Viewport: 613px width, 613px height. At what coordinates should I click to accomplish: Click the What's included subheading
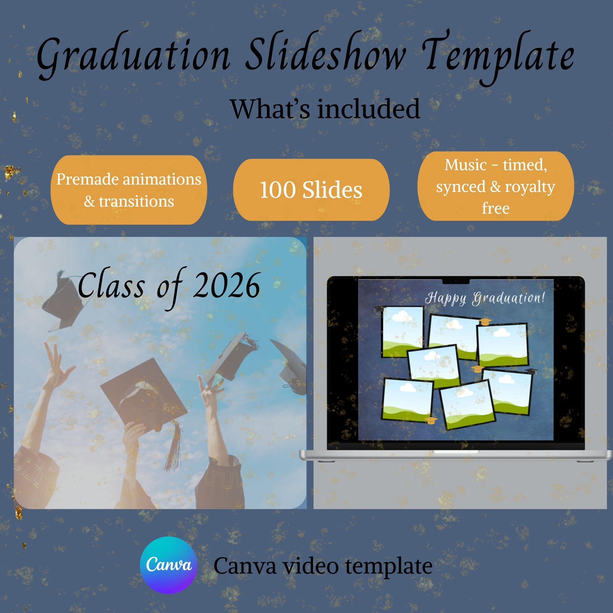click(325, 109)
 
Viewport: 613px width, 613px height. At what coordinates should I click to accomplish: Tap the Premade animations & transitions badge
click(129, 190)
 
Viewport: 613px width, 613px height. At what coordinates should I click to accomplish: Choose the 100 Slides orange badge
click(311, 190)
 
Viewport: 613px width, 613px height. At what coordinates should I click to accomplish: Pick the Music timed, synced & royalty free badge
click(496, 186)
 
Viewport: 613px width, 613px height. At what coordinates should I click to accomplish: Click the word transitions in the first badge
click(136, 201)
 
